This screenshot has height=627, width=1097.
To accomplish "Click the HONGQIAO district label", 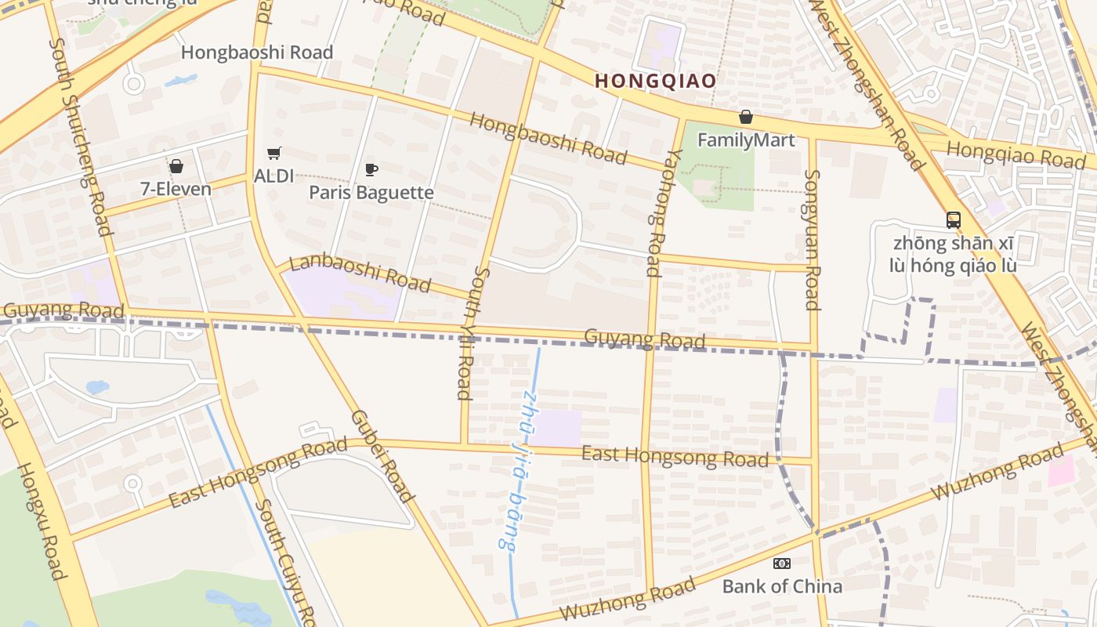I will click(x=655, y=81).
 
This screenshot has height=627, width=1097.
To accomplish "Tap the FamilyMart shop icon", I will click(x=746, y=118).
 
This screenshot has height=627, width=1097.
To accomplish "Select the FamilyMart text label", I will click(x=746, y=140).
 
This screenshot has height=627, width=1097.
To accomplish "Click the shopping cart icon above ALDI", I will click(x=273, y=154).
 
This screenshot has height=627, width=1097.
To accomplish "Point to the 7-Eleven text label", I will click(x=176, y=189).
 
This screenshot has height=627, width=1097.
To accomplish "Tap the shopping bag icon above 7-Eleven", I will click(x=176, y=166).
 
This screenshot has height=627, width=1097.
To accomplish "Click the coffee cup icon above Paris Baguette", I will click(x=371, y=169).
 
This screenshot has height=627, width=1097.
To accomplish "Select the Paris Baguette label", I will click(x=371, y=192).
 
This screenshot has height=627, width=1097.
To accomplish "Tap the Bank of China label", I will click(x=782, y=586).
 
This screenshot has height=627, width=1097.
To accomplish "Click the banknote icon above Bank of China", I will click(x=782, y=564).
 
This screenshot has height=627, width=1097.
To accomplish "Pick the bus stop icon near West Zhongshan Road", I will click(x=953, y=220).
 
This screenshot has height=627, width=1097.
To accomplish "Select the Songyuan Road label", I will click(x=813, y=240).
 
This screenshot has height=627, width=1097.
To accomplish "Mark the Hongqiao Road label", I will click(x=1016, y=154).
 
